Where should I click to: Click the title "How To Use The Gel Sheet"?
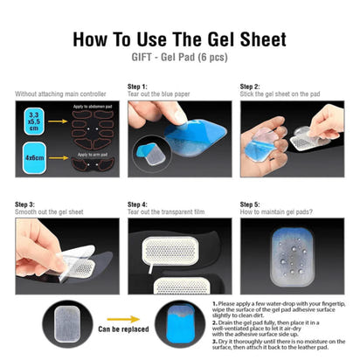pos(179,39)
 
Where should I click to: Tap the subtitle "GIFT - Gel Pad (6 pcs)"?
pos(179,59)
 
